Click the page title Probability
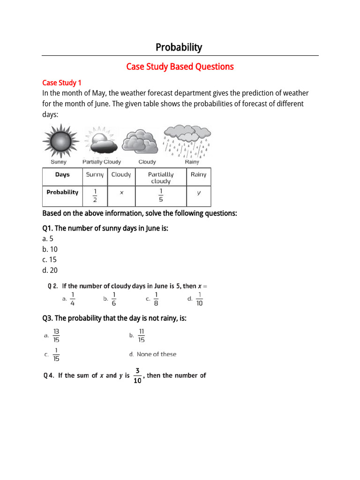[x=179, y=47]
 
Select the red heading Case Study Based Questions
[x=180, y=67]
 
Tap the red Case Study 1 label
[x=62, y=82]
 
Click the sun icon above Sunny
[x=59, y=141]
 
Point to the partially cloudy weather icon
[x=100, y=141]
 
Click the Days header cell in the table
[x=62, y=175]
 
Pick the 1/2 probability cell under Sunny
[x=95, y=196]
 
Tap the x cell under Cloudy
[x=121, y=193]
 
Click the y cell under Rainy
[x=198, y=193]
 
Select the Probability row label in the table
[x=62, y=192]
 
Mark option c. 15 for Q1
[x=50, y=260]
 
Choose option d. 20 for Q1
[x=50, y=270]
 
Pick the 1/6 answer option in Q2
[x=114, y=298]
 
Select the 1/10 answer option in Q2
[x=199, y=298]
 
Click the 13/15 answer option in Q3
[x=56, y=336]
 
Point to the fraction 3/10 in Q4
[x=137, y=375]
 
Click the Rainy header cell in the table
[x=198, y=174]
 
